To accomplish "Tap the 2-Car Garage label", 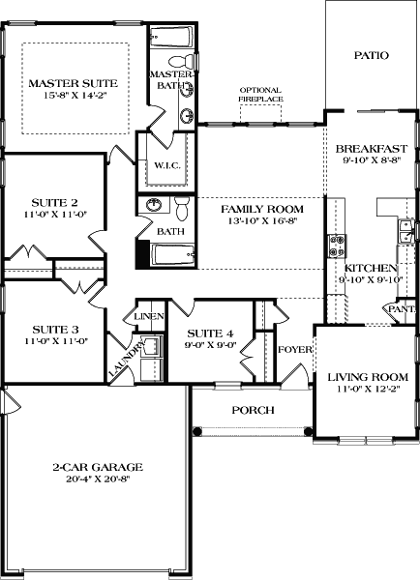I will click(92, 471).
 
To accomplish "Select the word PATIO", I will click(371, 56).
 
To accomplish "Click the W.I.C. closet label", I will click(161, 164).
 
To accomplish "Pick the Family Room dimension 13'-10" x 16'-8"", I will click(261, 222).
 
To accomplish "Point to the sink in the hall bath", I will click(153, 207).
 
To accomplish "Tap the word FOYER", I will click(292, 349).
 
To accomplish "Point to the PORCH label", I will click(254, 410).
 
